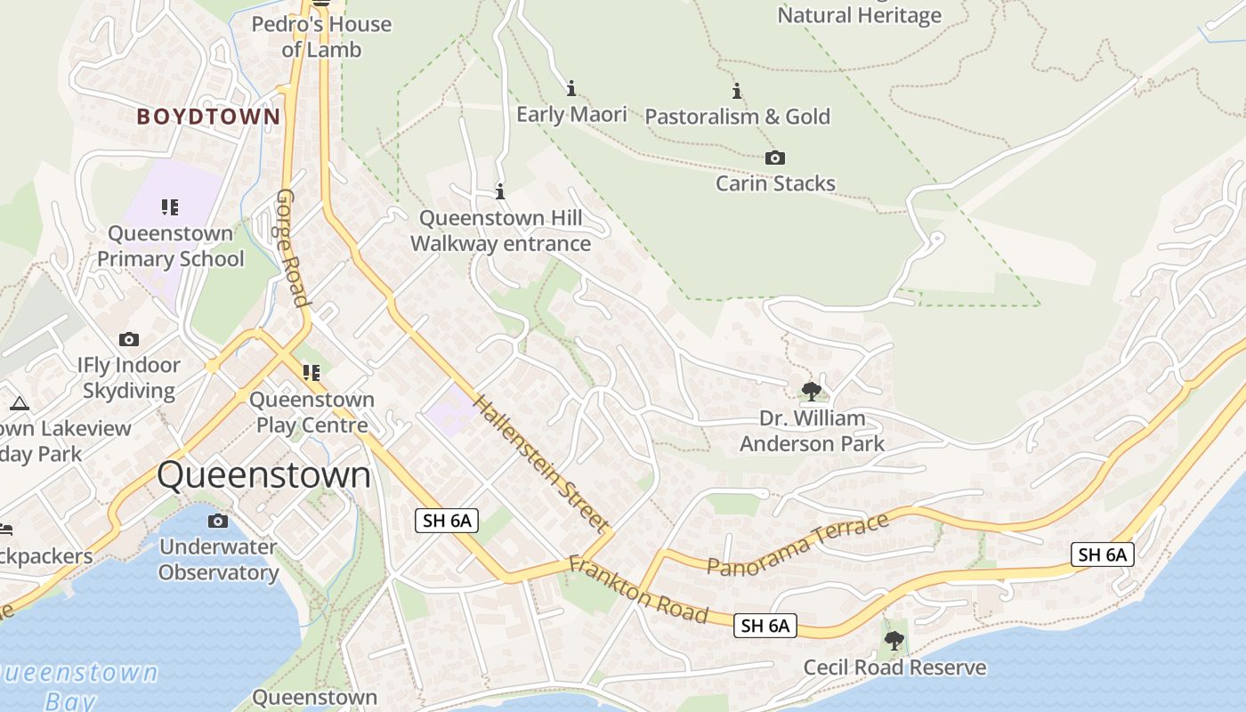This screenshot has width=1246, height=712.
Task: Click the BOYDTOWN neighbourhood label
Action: coord(208,117)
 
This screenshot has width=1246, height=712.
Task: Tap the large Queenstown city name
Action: coord(263,475)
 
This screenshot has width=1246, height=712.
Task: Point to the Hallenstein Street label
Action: coord(540,463)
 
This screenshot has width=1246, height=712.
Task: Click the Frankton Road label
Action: coord(638,589)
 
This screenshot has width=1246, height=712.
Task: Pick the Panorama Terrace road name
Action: coord(798,544)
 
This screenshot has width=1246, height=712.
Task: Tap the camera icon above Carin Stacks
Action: coord(775,158)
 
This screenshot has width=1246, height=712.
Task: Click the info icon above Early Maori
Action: coord(571,88)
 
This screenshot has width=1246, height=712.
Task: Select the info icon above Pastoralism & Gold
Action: coord(737,91)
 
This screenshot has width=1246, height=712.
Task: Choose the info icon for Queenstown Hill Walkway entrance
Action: coord(500,191)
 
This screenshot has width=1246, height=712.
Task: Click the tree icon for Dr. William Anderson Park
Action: coord(811,391)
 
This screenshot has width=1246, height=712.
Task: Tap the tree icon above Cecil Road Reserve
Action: coord(894,640)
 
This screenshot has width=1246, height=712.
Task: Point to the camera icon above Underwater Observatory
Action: coord(218,521)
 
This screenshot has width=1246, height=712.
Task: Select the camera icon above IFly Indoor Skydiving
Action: coord(129,339)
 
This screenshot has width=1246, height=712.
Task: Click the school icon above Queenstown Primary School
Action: coord(170,207)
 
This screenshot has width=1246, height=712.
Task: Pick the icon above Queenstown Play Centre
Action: coord(311,372)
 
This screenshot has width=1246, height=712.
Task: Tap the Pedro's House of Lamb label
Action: coord(321,36)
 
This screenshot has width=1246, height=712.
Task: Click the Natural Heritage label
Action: coord(859,15)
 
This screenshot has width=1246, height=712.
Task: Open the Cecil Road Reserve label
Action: coord(894,667)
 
